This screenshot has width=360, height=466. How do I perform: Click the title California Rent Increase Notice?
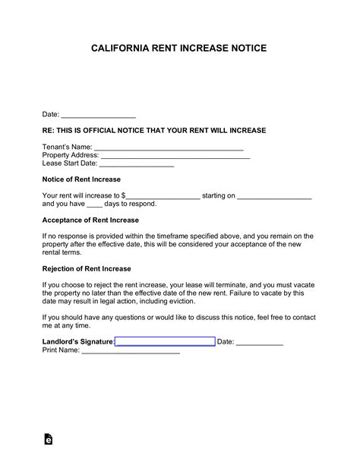click(179, 47)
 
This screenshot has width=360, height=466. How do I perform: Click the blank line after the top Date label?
click(98, 115)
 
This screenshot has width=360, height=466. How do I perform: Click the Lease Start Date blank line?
click(137, 163)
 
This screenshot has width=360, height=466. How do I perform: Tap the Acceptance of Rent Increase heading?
click(90, 220)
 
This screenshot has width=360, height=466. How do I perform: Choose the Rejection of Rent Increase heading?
click(87, 268)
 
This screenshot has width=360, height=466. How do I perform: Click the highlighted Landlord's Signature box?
click(165, 342)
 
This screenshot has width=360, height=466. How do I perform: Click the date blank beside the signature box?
click(260, 342)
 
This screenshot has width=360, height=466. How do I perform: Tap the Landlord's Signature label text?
click(77, 342)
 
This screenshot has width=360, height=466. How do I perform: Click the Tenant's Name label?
click(67, 147)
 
